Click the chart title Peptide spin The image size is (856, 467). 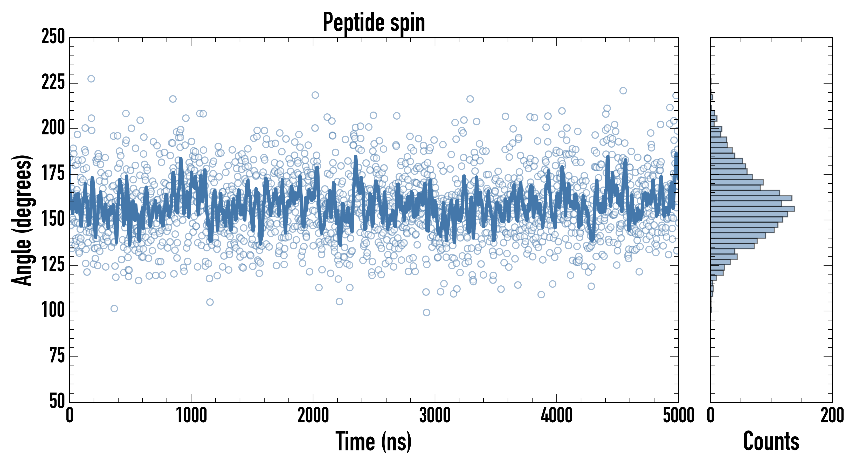[x=374, y=23]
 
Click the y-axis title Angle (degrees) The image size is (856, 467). [x=22, y=220]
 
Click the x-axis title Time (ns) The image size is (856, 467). [x=374, y=441]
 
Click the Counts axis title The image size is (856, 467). [x=771, y=441]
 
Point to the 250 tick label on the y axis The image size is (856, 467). [x=53, y=37]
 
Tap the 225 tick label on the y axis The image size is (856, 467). [x=53, y=83]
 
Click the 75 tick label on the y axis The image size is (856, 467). [x=57, y=356]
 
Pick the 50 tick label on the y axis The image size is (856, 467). [x=57, y=401]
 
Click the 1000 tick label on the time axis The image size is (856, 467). [x=191, y=415]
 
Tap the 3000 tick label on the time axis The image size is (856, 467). [x=435, y=415]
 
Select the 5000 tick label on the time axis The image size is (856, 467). [x=678, y=415]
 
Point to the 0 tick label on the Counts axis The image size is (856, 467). [x=710, y=415]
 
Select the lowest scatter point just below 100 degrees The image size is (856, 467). [x=426, y=312]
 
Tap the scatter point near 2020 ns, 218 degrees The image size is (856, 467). [x=315, y=95]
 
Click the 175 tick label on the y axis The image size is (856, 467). [x=53, y=174]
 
